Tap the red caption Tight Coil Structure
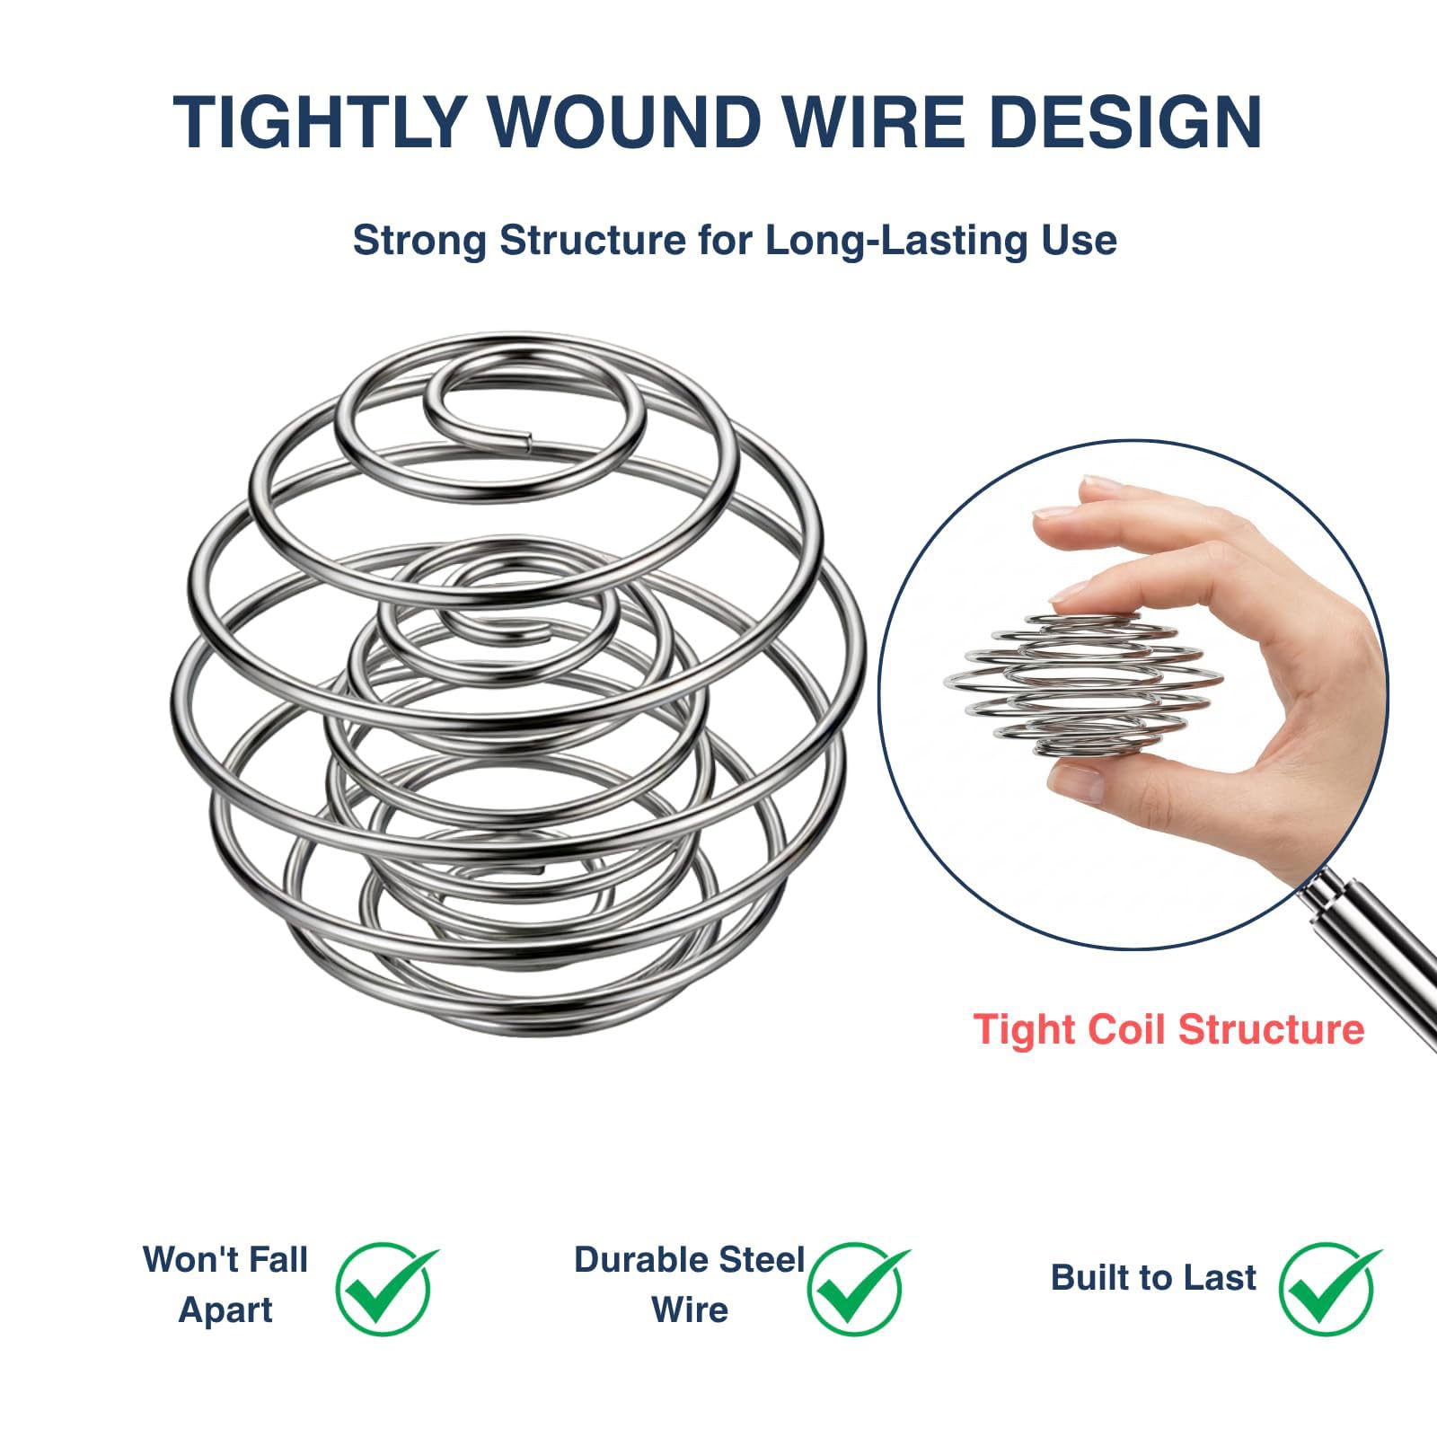(x=1168, y=1028)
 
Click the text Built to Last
(x=1153, y=1277)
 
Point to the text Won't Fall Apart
(x=225, y=1284)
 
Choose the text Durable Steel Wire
(x=690, y=1284)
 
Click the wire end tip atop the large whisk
(x=528, y=439)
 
